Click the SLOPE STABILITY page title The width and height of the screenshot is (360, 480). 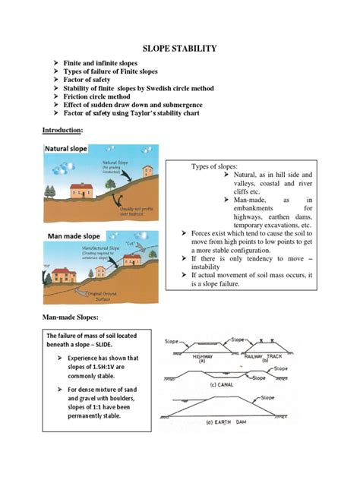[x=180, y=48]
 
